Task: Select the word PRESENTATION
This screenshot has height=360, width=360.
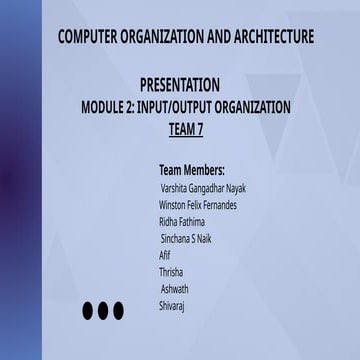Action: [180, 86]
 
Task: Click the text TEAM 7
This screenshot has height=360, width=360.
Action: [186, 128]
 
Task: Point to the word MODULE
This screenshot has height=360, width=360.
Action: [106, 107]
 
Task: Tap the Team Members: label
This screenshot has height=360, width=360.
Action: [192, 170]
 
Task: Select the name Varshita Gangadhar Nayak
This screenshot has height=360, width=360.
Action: [204, 187]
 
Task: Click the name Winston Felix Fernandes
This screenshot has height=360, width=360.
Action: [198, 204]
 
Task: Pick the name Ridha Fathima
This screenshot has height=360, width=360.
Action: [182, 221]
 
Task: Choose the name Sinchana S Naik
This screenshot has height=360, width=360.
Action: [186, 238]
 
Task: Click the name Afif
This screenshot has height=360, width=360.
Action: [165, 255]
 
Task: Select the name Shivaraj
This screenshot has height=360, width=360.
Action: [172, 306]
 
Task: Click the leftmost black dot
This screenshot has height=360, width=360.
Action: [88, 311]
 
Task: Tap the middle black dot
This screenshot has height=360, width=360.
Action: [103, 311]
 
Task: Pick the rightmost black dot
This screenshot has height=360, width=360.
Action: [118, 311]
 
